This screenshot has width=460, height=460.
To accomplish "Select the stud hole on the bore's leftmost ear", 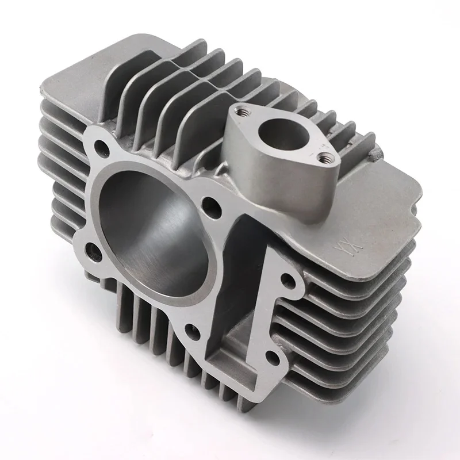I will coord(91,249).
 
